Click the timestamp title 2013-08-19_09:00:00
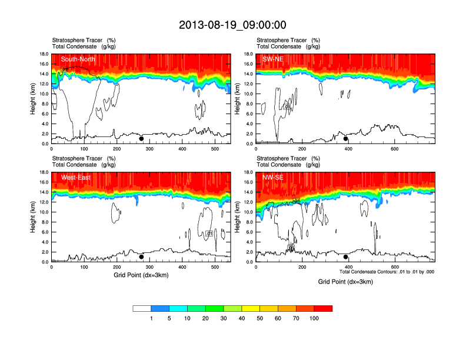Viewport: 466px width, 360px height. pos(232,25)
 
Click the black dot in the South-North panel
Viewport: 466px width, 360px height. pos(141,139)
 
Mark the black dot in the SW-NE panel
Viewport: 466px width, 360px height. pos(346,139)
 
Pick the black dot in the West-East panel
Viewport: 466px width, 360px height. pos(141,257)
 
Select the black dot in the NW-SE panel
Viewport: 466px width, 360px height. pos(346,257)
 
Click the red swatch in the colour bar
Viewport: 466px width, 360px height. pos(323,308)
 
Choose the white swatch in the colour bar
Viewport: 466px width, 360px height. pos(142,308)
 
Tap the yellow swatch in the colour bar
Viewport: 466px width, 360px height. pos(251,308)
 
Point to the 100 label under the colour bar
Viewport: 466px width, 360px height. pos(314,318)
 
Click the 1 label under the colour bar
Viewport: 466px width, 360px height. pos(151,318)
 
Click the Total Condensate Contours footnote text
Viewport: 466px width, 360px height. pos(387,272)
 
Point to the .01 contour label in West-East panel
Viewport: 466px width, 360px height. pos(209,234)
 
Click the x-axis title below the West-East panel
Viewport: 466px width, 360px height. pos(141,275)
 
